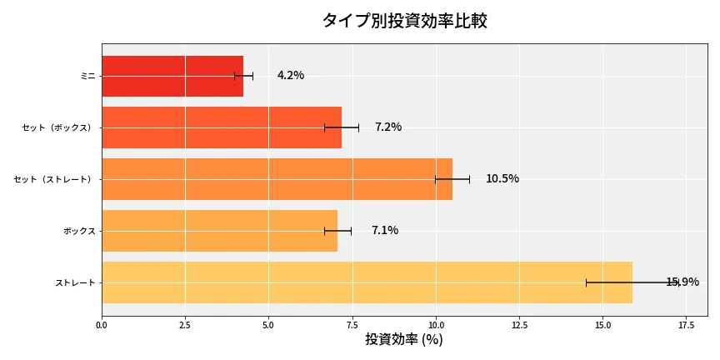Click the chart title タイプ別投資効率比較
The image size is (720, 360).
pyautogui.click(x=404, y=22)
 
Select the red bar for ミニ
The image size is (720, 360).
pyautogui.click(x=172, y=76)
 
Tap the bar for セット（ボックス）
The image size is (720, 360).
pyautogui.click(x=222, y=127)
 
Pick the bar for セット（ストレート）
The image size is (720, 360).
pyautogui.click(x=277, y=179)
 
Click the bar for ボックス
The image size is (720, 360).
pyautogui.click(x=219, y=231)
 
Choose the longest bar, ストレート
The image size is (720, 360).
pyautogui.click(x=367, y=282)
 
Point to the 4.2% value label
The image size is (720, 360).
pyautogui.click(x=291, y=76)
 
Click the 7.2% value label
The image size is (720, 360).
pyautogui.click(x=388, y=127)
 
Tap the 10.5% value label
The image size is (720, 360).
pyautogui.click(x=502, y=179)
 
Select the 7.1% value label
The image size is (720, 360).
pyautogui.click(x=385, y=231)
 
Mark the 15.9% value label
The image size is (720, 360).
pyautogui.click(x=682, y=282)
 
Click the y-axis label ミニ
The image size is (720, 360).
pyautogui.click(x=87, y=76)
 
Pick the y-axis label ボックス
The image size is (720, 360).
pyautogui.click(x=79, y=231)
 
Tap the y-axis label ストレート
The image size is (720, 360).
pyautogui.click(x=75, y=282)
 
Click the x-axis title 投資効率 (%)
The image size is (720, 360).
pyautogui.click(x=404, y=340)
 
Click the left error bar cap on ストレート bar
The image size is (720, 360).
pyautogui.click(x=586, y=282)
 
